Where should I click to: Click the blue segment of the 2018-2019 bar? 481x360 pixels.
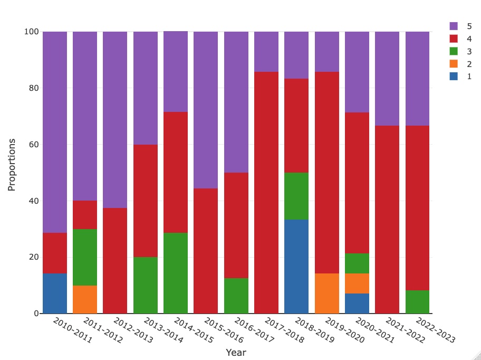coord(296,267)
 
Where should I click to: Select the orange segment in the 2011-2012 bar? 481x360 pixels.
coord(85,299)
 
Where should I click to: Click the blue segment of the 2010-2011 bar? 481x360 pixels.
coord(55,293)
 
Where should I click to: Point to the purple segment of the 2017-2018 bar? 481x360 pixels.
coord(266,51)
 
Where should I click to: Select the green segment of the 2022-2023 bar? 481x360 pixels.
coord(417,302)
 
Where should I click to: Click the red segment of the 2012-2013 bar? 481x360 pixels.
coord(115,261)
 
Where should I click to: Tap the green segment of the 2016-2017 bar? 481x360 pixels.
coord(236,296)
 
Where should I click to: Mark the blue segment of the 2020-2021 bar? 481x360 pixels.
coord(357,304)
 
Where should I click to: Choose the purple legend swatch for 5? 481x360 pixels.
coord(454,26)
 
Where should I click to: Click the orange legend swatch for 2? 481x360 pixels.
coord(454,64)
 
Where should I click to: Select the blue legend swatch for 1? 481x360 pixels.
coord(454,77)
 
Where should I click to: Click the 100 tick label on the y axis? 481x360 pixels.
coord(31,32)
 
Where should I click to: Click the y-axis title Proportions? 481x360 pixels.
coord(12,165)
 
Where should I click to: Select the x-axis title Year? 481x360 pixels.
coord(236,353)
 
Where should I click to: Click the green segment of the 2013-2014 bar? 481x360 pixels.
coord(146,285)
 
